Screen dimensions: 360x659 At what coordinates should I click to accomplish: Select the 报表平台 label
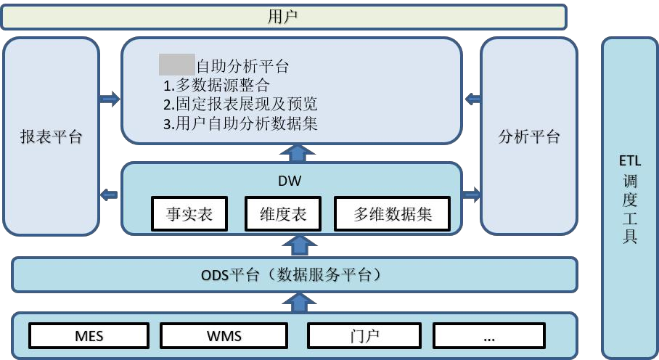(x=51, y=137)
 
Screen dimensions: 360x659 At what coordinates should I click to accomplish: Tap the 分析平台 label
(x=530, y=137)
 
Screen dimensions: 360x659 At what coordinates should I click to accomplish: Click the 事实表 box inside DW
(x=189, y=214)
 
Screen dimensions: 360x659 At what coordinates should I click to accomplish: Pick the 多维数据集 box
(x=393, y=214)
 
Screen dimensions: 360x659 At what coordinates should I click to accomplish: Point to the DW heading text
(x=290, y=180)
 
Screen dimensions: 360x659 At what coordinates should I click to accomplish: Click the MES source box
(x=89, y=336)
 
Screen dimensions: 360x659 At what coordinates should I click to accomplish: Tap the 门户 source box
(x=364, y=336)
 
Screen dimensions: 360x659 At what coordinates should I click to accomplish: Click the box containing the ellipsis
(x=488, y=336)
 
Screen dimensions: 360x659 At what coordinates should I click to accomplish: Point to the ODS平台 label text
(x=291, y=275)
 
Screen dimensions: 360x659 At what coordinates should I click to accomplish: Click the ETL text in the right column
(x=630, y=160)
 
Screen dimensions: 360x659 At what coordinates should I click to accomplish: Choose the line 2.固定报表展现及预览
(x=240, y=104)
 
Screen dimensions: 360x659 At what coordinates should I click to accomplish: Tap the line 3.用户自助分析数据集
(x=240, y=123)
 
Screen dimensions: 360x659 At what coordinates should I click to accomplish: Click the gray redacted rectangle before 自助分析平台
(x=177, y=65)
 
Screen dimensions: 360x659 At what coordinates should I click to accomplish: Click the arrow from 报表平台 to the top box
(x=110, y=99)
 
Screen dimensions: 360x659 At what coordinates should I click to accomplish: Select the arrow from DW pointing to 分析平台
(x=471, y=194)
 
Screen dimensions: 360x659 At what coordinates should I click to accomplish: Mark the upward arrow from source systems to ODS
(x=297, y=301)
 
